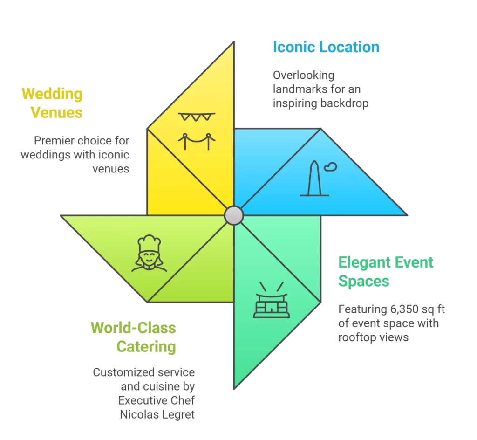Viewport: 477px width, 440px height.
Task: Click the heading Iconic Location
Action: pyautogui.click(x=326, y=48)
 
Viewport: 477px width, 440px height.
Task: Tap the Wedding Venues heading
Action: pyautogui.click(x=52, y=103)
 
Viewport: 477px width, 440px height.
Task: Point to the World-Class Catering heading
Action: pyautogui.click(x=134, y=337)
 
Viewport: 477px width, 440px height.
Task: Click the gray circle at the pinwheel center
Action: pyautogui.click(x=233, y=216)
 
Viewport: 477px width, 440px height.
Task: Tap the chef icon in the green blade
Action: pyautogui.click(x=150, y=254)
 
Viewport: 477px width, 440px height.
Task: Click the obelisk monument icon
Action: pyautogui.click(x=314, y=179)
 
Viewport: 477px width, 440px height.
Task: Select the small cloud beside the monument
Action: pyautogui.click(x=331, y=166)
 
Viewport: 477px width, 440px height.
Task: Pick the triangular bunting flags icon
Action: pyautogui.click(x=197, y=117)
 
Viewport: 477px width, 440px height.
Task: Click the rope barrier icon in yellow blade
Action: pyautogui.click(x=197, y=140)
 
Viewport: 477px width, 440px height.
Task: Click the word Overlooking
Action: pyautogui.click(x=304, y=75)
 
